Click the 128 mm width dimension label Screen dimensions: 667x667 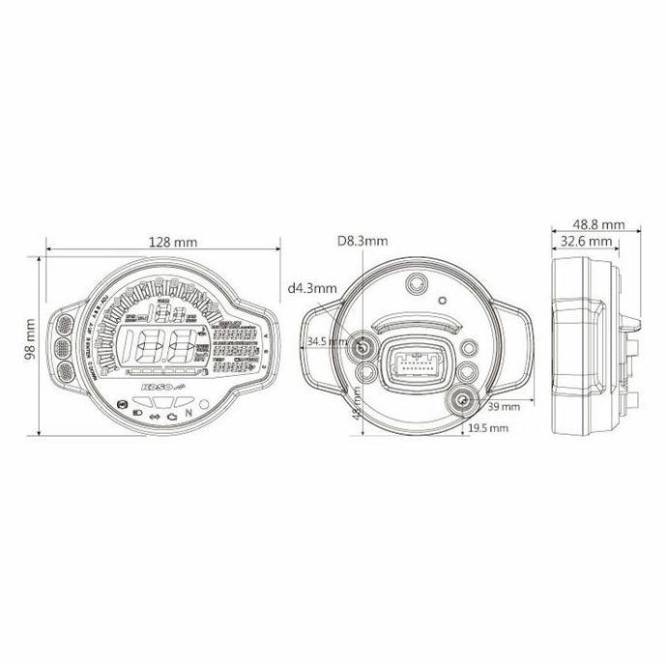[161, 242]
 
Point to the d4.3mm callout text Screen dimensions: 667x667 [312, 287]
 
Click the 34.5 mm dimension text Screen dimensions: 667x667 [325, 342]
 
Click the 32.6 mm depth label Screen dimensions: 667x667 [587, 241]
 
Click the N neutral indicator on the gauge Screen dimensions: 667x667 [189, 413]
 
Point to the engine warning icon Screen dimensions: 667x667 [170, 417]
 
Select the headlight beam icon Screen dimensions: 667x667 [136, 413]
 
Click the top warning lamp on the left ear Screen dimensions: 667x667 [66, 324]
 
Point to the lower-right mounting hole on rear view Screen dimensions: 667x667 [462, 402]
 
